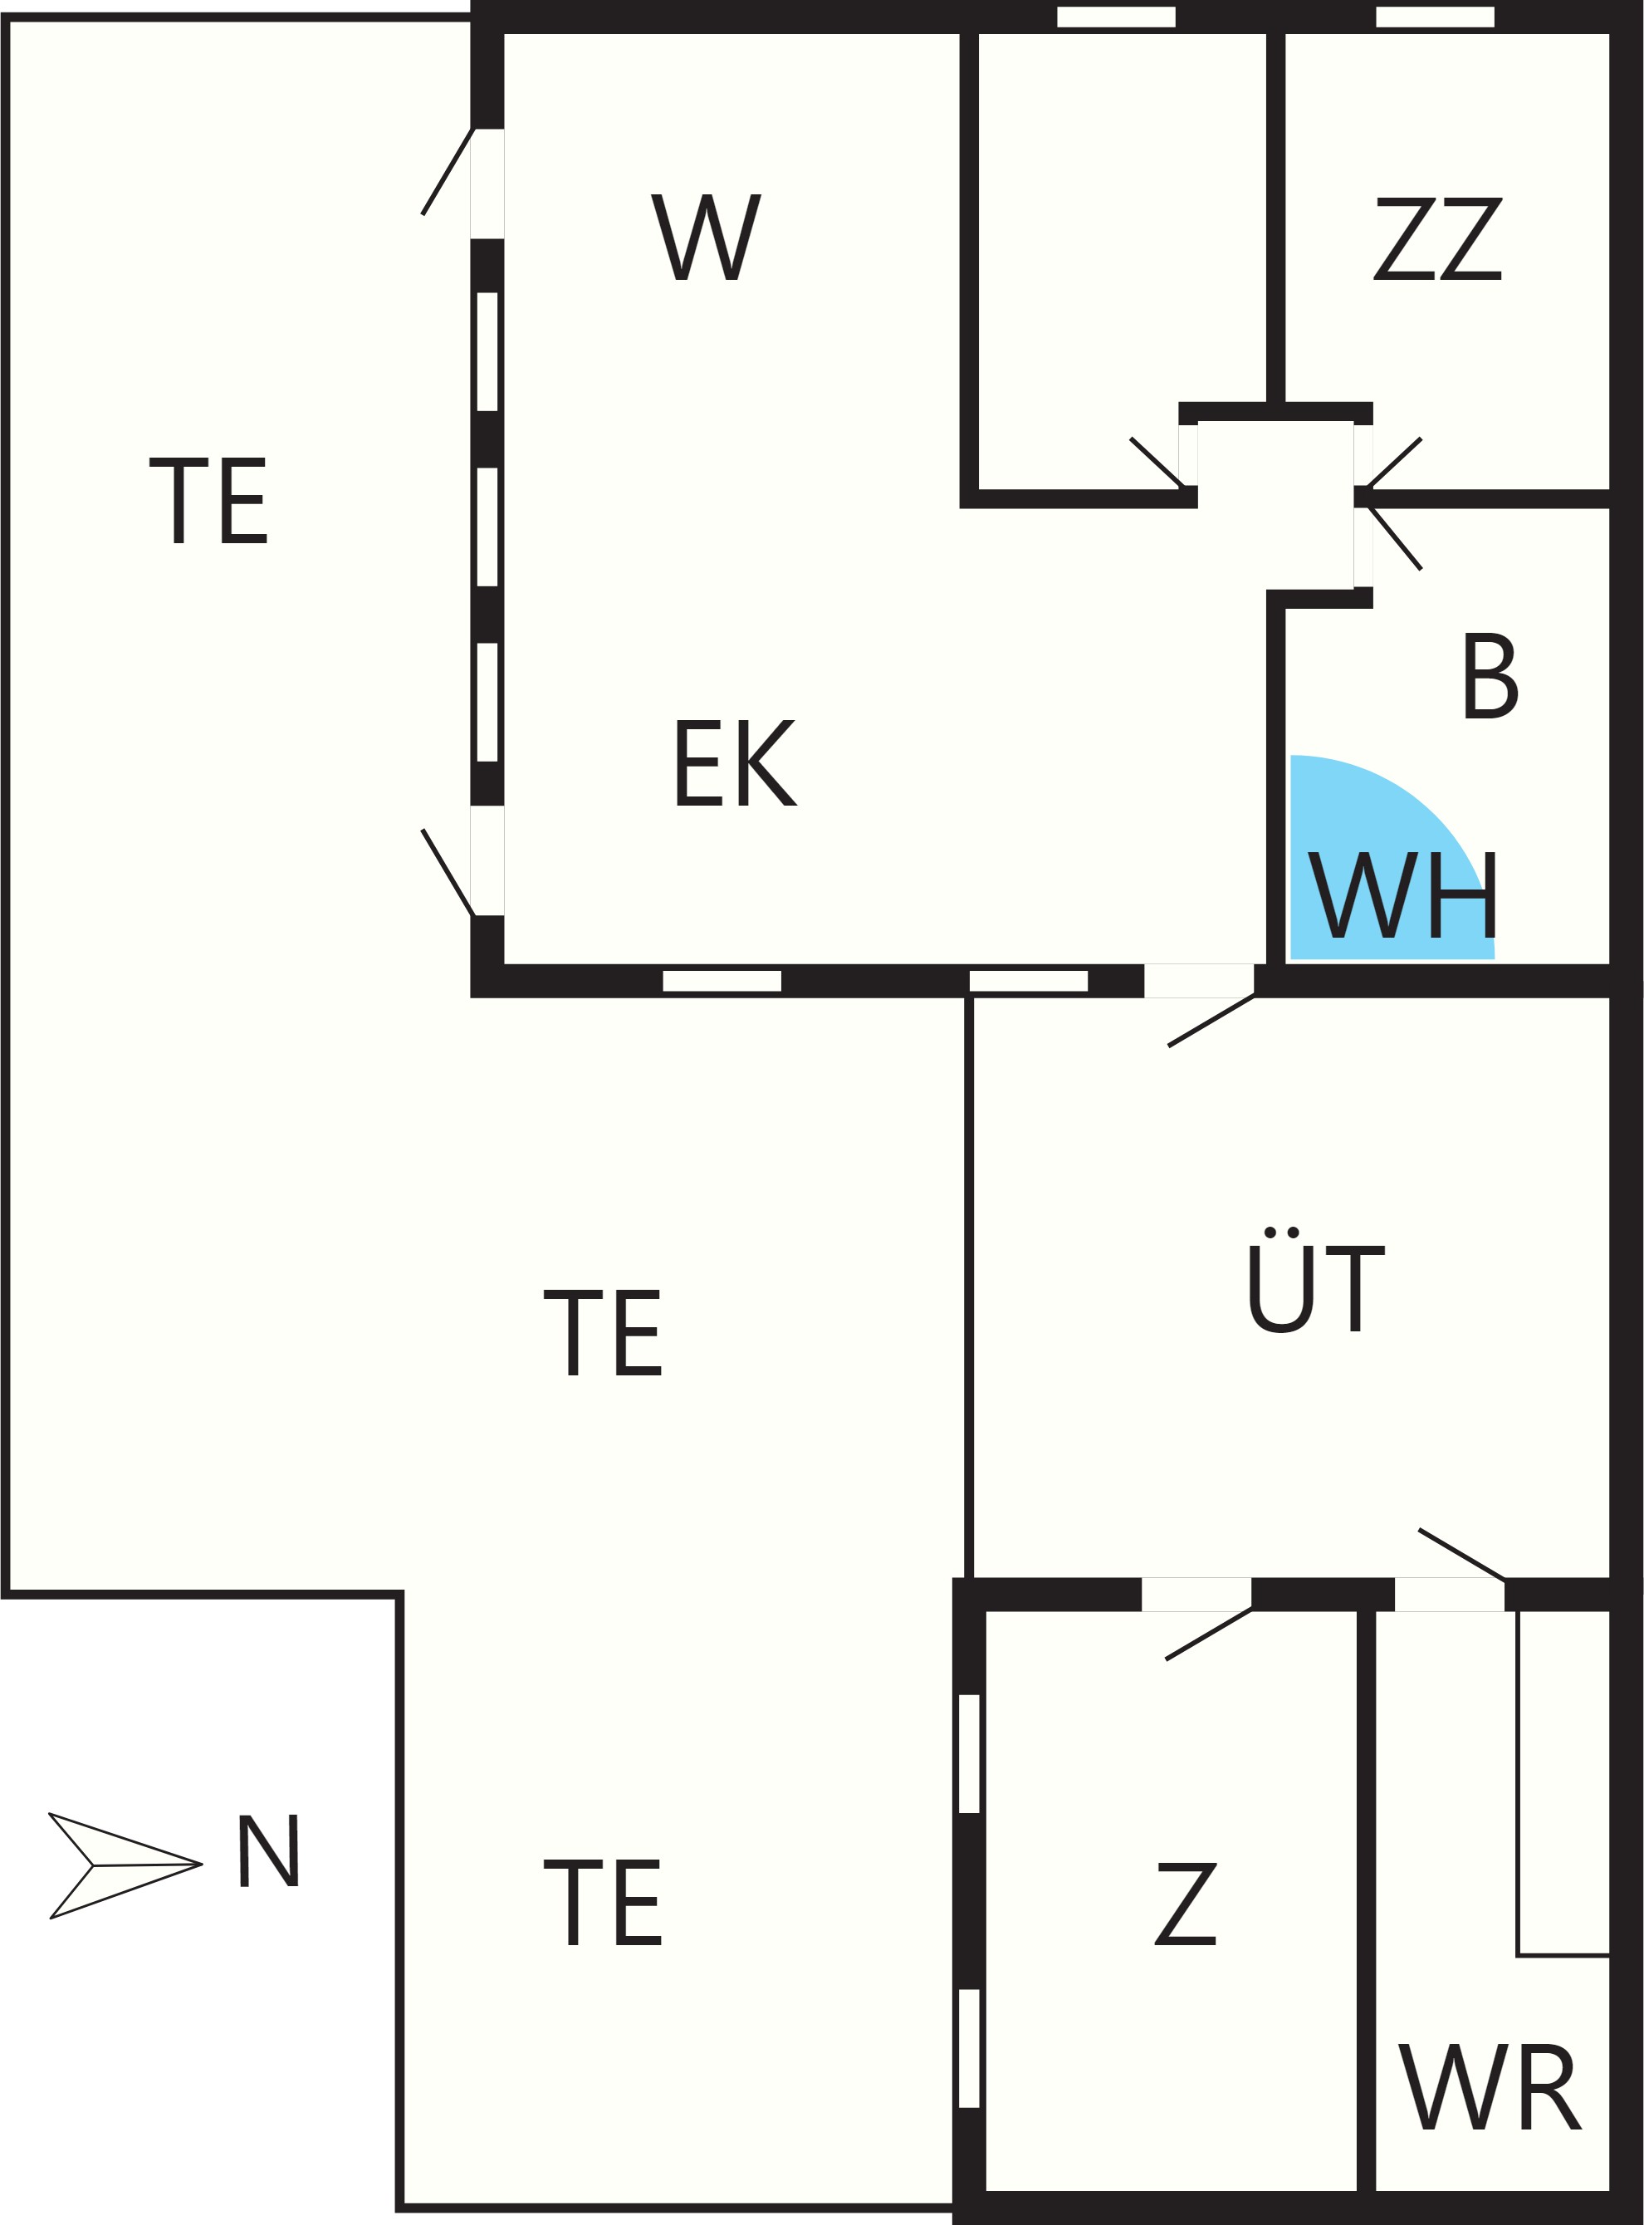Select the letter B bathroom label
tap(1490, 676)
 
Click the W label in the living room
tap(707, 237)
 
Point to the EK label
tap(736, 762)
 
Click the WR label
tap(1490, 2085)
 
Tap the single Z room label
tap(1187, 1904)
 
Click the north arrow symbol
tap(125, 1865)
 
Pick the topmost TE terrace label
tap(208, 501)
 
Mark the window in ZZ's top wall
tap(1435, 17)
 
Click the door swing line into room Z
tap(1208, 1634)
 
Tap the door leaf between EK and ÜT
tap(1211, 1021)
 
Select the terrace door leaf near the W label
tap(447, 171)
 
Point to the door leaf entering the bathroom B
tap(1395, 537)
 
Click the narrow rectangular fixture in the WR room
tap(1563, 1782)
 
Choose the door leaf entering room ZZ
tap(1395, 462)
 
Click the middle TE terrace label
tap(603, 1333)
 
